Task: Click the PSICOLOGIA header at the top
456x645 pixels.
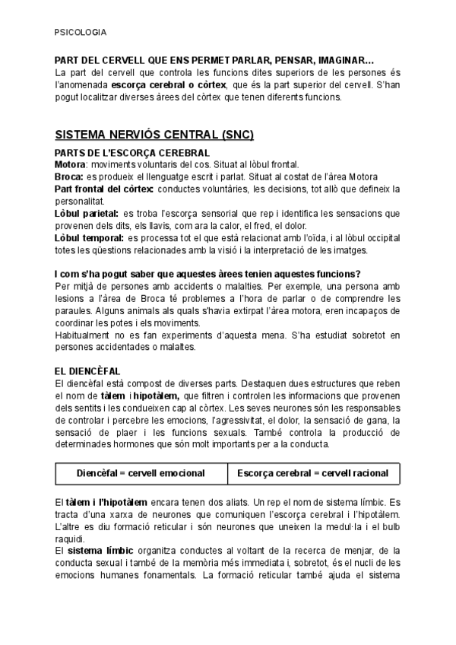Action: pos(81,33)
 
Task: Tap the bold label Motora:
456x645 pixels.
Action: pos(71,164)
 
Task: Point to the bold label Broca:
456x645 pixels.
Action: pos(70,176)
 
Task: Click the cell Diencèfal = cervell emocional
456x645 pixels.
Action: pos(141,473)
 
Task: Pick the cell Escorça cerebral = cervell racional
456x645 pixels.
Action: pos(312,473)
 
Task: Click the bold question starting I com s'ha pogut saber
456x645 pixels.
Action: pos(207,274)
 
